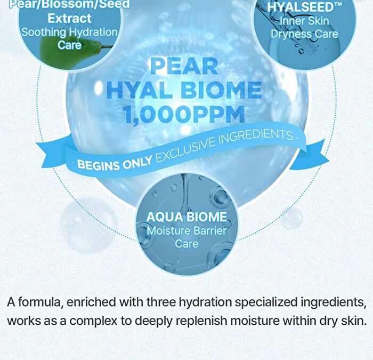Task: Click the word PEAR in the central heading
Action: pyautogui.click(x=184, y=67)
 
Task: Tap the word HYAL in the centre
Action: pyautogui.click(x=139, y=90)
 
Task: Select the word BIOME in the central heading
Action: pyautogui.click(x=221, y=90)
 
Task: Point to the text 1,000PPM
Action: pyautogui.click(x=184, y=114)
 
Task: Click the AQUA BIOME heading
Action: pyautogui.click(x=186, y=217)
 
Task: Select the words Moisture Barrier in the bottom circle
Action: pyautogui.click(x=186, y=230)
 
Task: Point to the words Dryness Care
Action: pyautogui.click(x=304, y=34)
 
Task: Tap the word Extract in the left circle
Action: pyautogui.click(x=69, y=18)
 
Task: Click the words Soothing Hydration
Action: pyautogui.click(x=69, y=32)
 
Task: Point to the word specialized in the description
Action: pyautogui.click(x=266, y=302)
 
